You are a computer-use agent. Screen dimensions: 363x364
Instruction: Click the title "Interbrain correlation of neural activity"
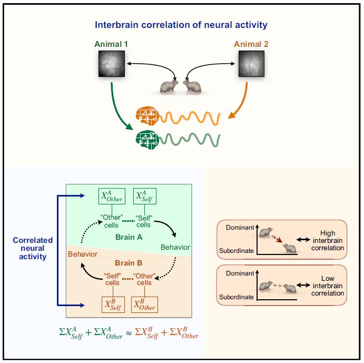point(182,24)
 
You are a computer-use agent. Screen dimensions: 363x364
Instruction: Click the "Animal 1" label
point(112,44)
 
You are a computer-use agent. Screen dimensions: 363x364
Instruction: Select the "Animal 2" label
point(251,44)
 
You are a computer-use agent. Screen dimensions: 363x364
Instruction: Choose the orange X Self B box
point(113,305)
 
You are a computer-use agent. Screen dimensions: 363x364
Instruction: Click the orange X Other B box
point(145,305)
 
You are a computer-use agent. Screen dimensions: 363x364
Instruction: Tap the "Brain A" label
point(130,237)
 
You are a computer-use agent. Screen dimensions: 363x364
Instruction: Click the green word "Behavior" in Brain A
point(175,247)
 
